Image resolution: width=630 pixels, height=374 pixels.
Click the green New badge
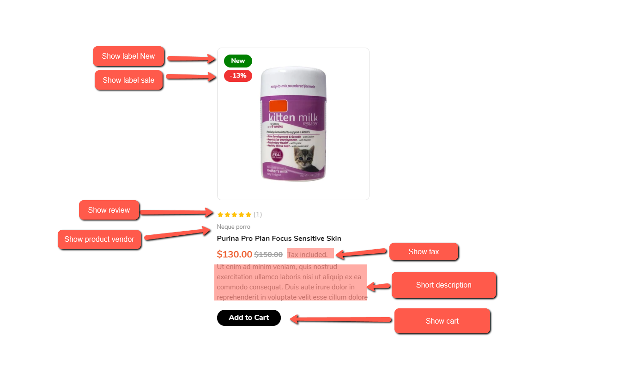[x=238, y=61]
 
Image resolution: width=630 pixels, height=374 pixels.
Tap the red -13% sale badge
[x=238, y=76]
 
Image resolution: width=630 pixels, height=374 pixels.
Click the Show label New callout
[x=128, y=56]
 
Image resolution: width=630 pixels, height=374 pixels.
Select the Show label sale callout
[x=128, y=80]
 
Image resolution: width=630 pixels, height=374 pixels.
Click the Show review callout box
[x=109, y=210]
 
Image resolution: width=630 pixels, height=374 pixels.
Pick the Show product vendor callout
[x=99, y=239]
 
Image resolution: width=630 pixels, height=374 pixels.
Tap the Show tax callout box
[x=424, y=252]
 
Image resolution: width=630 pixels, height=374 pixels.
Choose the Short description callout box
[x=443, y=285]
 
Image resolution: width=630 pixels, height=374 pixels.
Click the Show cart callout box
[x=442, y=321]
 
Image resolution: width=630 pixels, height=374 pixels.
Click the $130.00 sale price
[x=235, y=254]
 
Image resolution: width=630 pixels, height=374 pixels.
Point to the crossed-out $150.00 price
[x=268, y=254]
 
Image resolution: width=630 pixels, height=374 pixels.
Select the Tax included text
[x=308, y=254]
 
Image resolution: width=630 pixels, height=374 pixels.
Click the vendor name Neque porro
[x=234, y=227]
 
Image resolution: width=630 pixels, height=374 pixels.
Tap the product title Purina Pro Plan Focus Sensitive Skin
[x=279, y=239]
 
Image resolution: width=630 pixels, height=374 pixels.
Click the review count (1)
[x=258, y=215]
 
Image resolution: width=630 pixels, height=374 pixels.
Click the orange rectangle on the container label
[x=278, y=105]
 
